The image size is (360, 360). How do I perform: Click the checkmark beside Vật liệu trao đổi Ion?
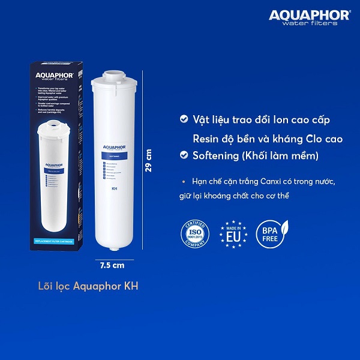184,120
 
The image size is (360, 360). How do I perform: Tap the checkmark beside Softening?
184,156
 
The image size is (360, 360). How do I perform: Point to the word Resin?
206,139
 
